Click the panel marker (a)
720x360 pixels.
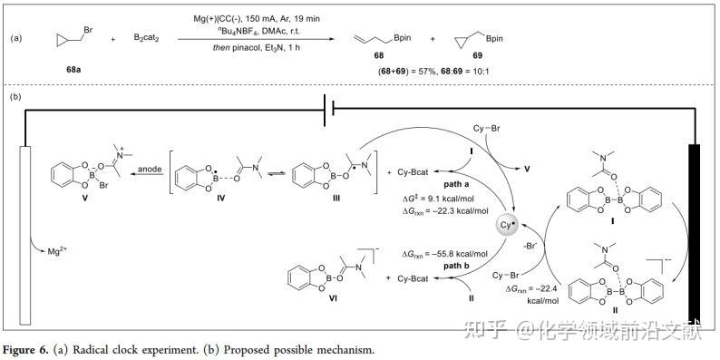pyautogui.click(x=17, y=39)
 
